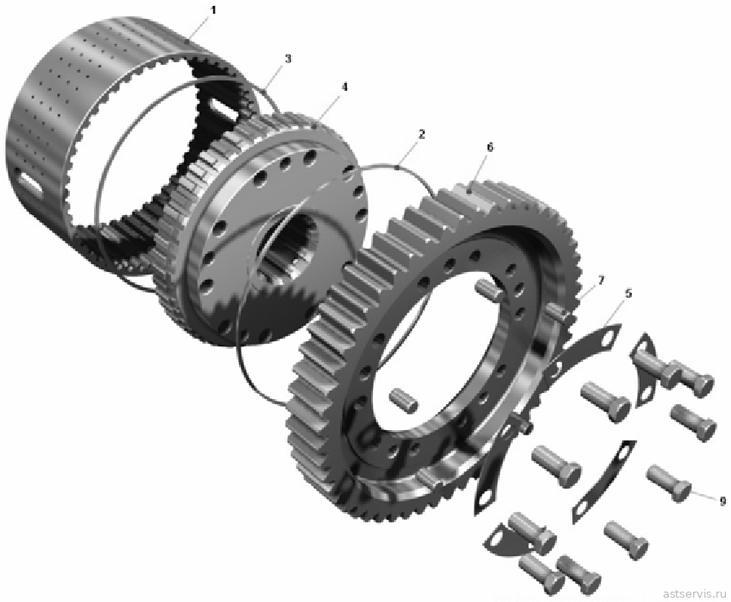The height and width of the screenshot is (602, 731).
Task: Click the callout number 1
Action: click(213, 10)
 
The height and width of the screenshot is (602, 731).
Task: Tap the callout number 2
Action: click(421, 135)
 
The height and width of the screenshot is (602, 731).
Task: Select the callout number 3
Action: click(287, 59)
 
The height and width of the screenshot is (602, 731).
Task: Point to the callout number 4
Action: click(344, 86)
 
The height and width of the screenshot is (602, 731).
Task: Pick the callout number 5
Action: click(628, 294)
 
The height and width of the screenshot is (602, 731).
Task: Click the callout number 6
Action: click(489, 148)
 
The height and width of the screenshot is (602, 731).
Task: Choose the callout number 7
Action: click(601, 280)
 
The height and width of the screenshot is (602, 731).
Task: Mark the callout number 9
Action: click(722, 501)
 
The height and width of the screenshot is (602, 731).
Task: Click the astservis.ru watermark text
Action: click(694, 593)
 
